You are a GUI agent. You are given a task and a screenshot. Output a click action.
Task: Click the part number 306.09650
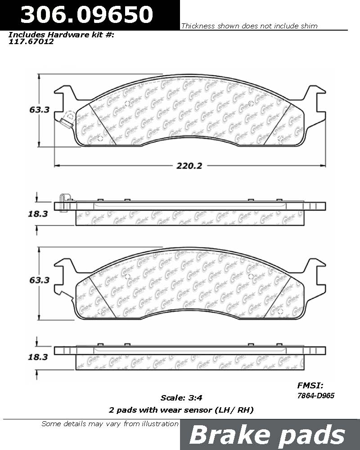[86, 14]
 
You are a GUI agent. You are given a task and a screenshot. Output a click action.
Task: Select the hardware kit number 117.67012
[31, 41]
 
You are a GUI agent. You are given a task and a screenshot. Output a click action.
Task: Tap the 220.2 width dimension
[189, 166]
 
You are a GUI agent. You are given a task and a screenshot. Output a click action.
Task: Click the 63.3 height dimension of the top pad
[40, 110]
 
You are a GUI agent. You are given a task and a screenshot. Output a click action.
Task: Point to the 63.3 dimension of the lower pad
[40, 280]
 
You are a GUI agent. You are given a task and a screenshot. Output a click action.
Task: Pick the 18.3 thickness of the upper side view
[38, 214]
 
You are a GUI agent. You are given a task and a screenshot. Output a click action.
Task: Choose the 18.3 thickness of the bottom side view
[38, 357]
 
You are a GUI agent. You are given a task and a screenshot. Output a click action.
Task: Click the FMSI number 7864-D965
[316, 396]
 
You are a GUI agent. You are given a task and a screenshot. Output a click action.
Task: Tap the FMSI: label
[310, 386]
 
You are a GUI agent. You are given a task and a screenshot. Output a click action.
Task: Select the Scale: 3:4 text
[181, 398]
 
